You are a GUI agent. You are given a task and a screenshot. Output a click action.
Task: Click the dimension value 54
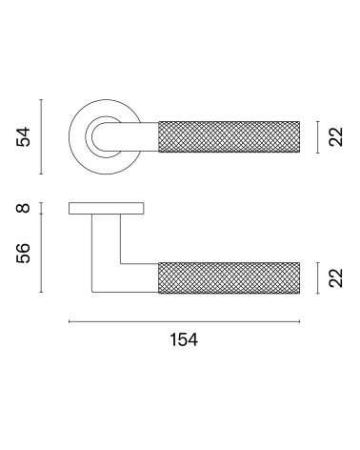coord(23,136)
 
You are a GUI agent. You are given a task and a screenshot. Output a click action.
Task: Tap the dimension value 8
coord(23,208)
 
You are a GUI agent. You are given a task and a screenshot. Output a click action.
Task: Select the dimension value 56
coord(23,253)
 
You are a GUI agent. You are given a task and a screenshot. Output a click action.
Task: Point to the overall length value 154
coord(184,339)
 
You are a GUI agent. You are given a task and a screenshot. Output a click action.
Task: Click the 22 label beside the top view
coord(336,136)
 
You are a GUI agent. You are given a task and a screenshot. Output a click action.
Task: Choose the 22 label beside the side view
coord(336,277)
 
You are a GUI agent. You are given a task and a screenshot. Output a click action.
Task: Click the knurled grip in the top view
coord(230,137)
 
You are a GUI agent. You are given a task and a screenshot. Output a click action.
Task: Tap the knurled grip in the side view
coord(230,277)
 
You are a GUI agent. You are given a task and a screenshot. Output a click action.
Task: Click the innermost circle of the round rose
coord(92,136)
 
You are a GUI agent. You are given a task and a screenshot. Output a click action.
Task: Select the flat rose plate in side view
coord(107,208)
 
